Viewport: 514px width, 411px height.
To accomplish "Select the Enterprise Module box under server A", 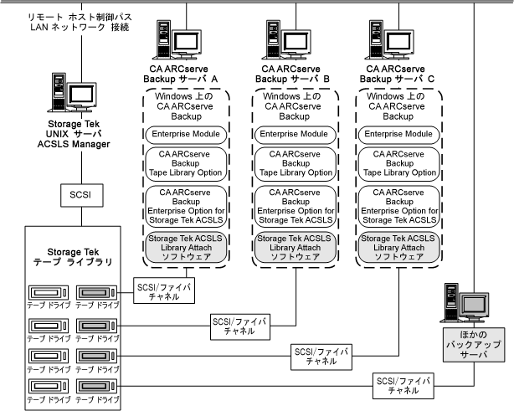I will (x=183, y=134).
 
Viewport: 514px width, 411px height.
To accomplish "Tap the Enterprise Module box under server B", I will (x=292, y=134).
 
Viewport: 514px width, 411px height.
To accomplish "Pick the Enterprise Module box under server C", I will (x=400, y=134).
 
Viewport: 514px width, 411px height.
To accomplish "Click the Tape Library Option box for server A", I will (x=183, y=163).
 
